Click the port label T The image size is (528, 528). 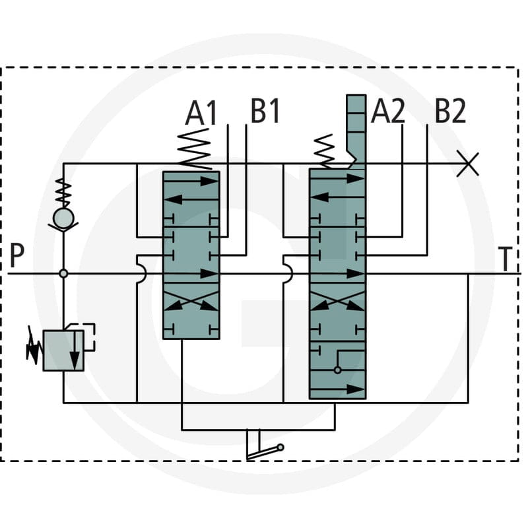[x=505, y=259]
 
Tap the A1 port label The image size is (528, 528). [x=201, y=112]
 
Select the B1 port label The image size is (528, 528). [x=265, y=111]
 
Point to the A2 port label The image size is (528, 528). [x=388, y=111]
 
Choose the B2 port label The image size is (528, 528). [x=451, y=111]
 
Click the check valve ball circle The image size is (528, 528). [x=63, y=218]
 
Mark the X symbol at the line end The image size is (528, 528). [x=468, y=164]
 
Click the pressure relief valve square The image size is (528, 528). [x=63, y=350]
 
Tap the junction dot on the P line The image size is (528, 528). [x=63, y=273]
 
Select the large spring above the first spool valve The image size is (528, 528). [x=195, y=149]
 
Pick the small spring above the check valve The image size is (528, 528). [x=63, y=193]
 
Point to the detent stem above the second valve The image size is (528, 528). [x=356, y=131]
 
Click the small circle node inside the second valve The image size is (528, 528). [x=337, y=370]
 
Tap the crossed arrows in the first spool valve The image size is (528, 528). [x=191, y=301]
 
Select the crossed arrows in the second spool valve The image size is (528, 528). [x=337, y=301]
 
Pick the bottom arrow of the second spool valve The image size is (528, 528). [x=337, y=389]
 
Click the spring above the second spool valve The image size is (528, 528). [x=324, y=151]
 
